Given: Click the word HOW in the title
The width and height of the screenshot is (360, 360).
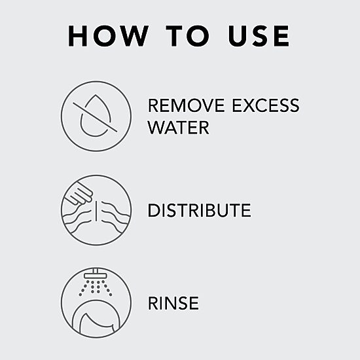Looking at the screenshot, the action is click(108, 36).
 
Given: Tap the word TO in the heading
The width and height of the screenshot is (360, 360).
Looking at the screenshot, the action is click(188, 36).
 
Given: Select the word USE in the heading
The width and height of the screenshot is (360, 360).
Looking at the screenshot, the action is click(259, 36).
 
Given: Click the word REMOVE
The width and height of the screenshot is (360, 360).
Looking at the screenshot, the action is click(186, 105).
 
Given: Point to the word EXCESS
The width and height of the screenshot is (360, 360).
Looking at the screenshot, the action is click(266, 105).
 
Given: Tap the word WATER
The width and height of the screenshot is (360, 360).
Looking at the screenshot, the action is click(179, 128).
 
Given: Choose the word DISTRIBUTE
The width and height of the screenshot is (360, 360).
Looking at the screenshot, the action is click(199, 210).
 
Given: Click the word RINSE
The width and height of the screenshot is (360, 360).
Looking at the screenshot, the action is click(173, 303).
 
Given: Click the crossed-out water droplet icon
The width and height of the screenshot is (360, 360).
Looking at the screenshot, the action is click(96, 116).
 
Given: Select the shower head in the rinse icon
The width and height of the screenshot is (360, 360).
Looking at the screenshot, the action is click(96, 274).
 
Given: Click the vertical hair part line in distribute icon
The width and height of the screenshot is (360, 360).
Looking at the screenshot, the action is click(96, 211).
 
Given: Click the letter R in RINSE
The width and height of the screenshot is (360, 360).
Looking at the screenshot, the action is click(153, 303).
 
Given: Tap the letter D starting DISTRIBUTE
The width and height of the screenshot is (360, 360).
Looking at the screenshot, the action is click(154, 210).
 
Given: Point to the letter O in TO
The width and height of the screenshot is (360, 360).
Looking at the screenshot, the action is click(198, 36).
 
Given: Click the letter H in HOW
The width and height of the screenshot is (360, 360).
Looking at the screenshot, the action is click(78, 36).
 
